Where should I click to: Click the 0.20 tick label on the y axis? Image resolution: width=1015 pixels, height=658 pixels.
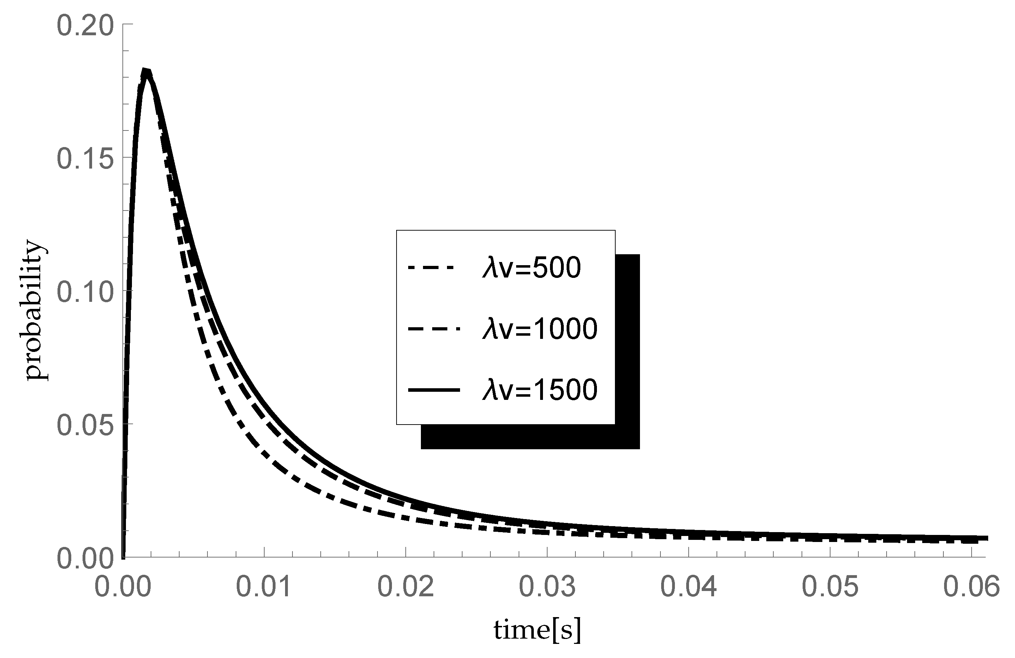85,26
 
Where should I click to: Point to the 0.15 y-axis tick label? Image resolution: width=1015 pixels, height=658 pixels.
85,159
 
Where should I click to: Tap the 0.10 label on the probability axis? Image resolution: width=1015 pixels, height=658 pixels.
85,292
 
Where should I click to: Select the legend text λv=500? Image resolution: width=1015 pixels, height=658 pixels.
531,268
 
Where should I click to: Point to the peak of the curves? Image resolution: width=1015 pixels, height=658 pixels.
146,72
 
